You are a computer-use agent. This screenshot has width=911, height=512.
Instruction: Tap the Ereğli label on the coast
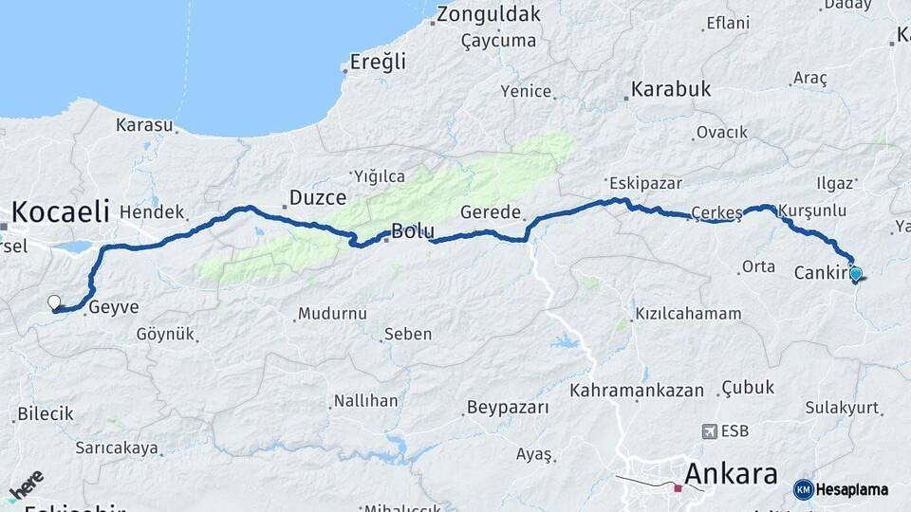tap(378, 62)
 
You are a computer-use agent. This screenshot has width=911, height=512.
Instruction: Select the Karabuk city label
tap(668, 90)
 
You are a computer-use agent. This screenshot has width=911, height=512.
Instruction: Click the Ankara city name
tap(731, 473)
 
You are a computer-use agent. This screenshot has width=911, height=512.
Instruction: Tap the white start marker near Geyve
tap(54, 303)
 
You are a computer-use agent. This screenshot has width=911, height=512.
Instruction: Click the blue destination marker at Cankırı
tap(856, 275)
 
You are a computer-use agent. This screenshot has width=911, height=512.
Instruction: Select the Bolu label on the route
tap(413, 230)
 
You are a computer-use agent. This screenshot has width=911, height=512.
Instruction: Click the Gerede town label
tap(491, 211)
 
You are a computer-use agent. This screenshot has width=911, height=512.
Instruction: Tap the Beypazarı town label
tap(507, 409)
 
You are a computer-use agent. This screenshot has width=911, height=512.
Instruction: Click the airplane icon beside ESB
tap(708, 431)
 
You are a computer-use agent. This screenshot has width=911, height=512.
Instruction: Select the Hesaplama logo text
tap(851, 489)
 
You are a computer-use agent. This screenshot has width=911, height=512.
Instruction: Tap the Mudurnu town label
tap(331, 314)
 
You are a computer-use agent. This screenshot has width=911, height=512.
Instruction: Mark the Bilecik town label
tap(46, 414)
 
